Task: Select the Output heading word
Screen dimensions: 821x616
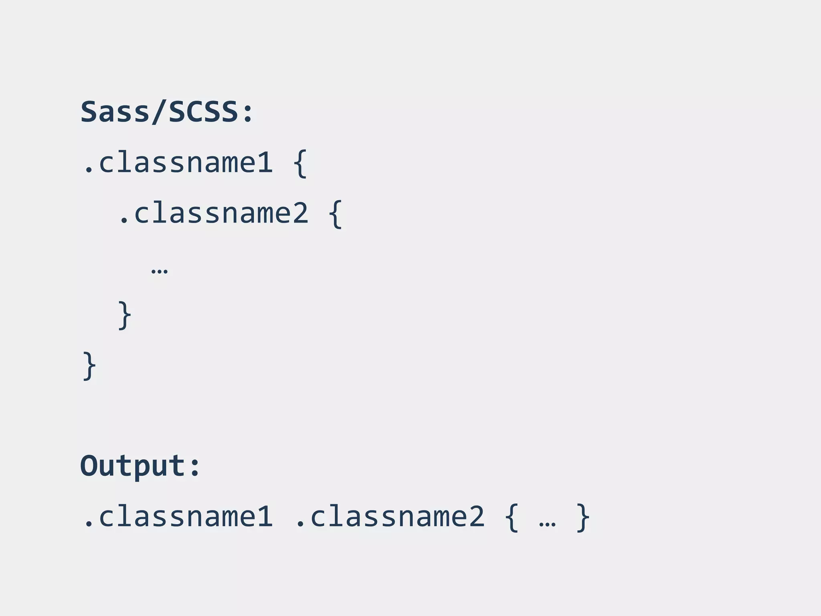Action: [x=133, y=466]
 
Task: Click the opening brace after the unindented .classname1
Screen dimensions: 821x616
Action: [x=300, y=163]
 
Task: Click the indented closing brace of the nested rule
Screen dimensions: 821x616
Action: [x=124, y=315]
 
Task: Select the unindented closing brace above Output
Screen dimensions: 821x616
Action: [x=89, y=366]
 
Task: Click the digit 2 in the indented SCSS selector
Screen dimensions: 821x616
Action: [x=300, y=213]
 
